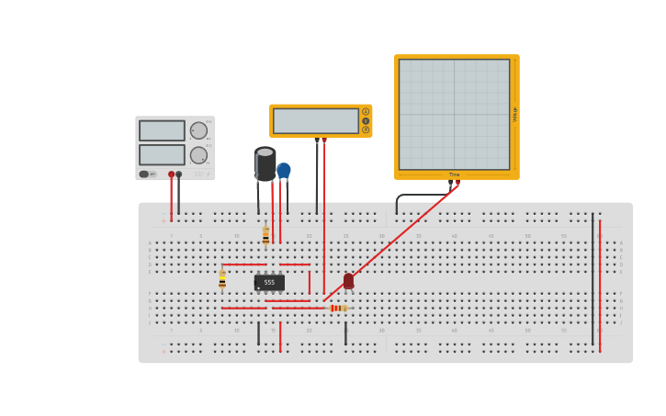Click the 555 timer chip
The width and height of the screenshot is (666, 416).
click(x=269, y=283)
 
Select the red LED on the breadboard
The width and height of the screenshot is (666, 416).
click(x=348, y=280)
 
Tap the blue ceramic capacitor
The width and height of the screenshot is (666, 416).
click(x=284, y=171)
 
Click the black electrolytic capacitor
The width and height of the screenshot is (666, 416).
click(x=265, y=163)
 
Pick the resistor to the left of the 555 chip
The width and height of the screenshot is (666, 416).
click(x=222, y=280)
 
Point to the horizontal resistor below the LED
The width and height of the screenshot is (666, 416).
click(x=337, y=308)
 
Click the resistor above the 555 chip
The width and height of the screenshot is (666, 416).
click(x=265, y=236)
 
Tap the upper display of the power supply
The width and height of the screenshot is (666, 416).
click(x=162, y=130)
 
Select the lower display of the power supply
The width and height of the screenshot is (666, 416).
click(x=162, y=154)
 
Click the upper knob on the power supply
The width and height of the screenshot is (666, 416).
click(x=198, y=130)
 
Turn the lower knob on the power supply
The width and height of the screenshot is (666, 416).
click(x=198, y=155)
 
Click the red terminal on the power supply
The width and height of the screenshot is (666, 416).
click(x=171, y=174)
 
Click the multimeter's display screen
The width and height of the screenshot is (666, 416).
click(x=315, y=121)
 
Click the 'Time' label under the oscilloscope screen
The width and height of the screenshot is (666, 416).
click(x=454, y=174)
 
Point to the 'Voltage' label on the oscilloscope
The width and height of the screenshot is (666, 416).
click(x=515, y=114)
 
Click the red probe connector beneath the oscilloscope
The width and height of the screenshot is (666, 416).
click(x=457, y=183)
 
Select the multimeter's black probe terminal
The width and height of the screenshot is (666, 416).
click(x=317, y=141)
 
